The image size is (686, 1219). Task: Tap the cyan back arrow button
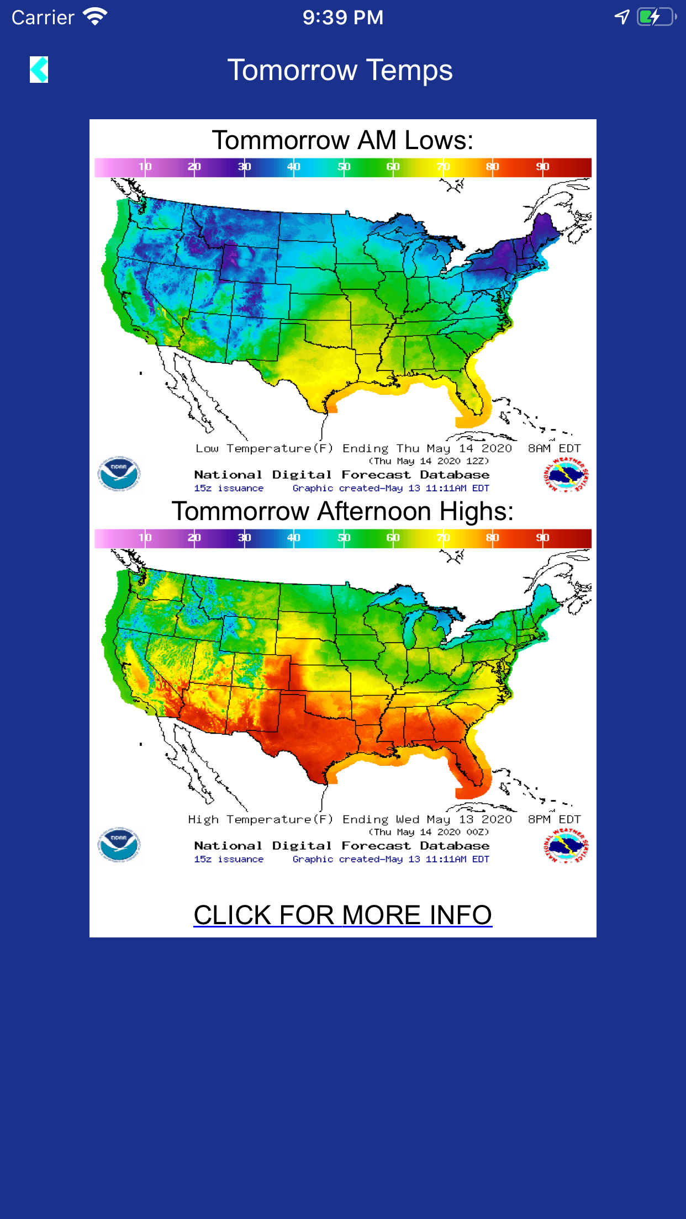pyautogui.click(x=39, y=70)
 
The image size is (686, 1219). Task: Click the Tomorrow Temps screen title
pyautogui.click(x=340, y=71)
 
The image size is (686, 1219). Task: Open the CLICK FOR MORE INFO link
pyautogui.click(x=342, y=915)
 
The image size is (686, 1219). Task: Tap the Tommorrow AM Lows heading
pyautogui.click(x=342, y=140)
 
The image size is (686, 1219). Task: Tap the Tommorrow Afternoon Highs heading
pyautogui.click(x=342, y=511)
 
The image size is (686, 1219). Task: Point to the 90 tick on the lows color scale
pyautogui.click(x=542, y=167)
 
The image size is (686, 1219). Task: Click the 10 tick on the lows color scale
pyautogui.click(x=145, y=167)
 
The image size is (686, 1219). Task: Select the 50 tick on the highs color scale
pyautogui.click(x=344, y=538)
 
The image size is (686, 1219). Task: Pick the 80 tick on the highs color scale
pyautogui.click(x=492, y=538)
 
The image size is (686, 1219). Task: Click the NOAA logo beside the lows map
pyautogui.click(x=119, y=474)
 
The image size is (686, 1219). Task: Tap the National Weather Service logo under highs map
pyautogui.click(x=566, y=845)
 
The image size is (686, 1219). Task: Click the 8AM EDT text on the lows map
pyautogui.click(x=554, y=448)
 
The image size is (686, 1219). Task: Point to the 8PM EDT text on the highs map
pyautogui.click(x=554, y=819)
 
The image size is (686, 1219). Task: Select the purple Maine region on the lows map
pyautogui.click(x=544, y=229)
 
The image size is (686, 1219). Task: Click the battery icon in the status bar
pyautogui.click(x=656, y=17)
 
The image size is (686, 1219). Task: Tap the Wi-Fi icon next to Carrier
pyautogui.click(x=95, y=17)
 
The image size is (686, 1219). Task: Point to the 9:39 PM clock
pyautogui.click(x=342, y=17)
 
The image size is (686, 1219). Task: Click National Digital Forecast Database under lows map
pyautogui.click(x=341, y=475)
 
